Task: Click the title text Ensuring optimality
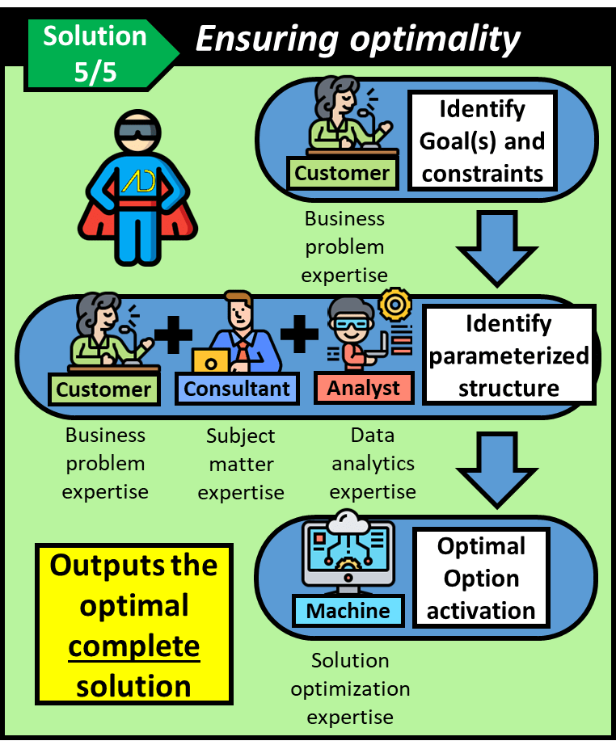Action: pos(358,39)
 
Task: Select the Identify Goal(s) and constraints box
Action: pos(483,141)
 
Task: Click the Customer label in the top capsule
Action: pos(342,173)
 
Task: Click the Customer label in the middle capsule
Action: pos(103,389)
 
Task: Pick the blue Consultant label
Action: pos(237,389)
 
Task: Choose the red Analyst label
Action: pos(364,389)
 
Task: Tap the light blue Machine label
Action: pos(348,611)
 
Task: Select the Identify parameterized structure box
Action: pos(509,356)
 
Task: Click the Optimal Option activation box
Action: pos(481,579)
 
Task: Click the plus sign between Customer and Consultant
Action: pos(173,335)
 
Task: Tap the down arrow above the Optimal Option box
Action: pos(497,467)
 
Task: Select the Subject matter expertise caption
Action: pos(241,464)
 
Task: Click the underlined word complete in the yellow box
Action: pos(134,646)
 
